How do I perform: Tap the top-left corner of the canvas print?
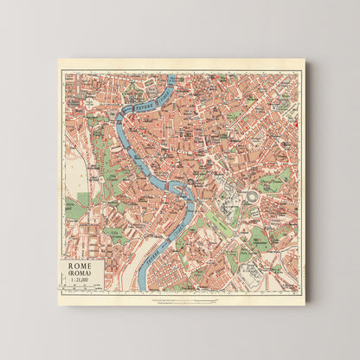tap(59, 60)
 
